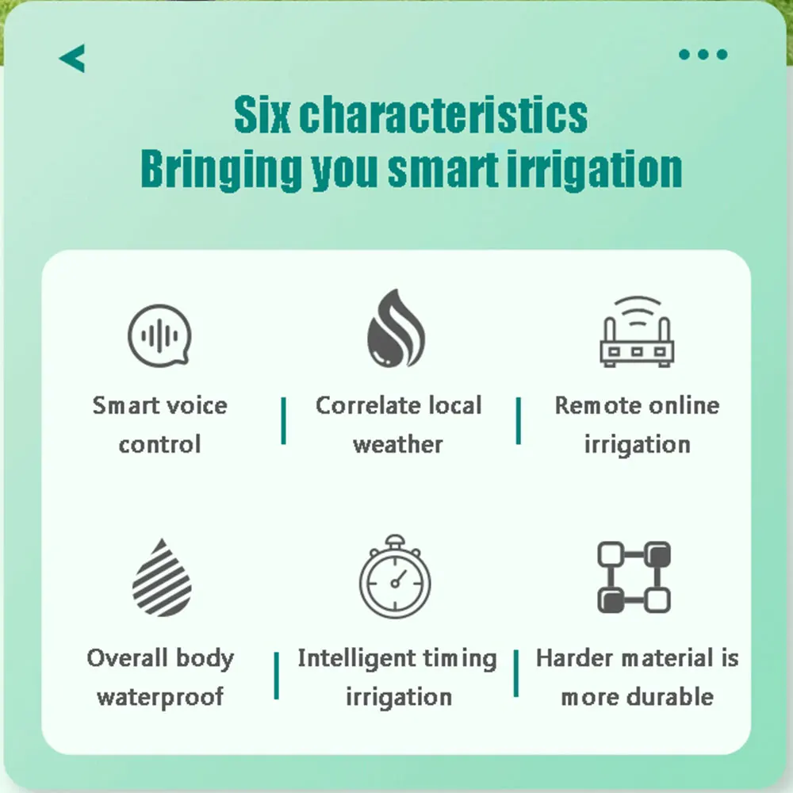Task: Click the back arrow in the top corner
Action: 72,58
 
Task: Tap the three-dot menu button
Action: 703,55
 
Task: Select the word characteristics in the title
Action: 443,116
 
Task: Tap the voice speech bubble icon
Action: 160,335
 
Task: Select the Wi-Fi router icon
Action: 637,333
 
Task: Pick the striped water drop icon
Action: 162,578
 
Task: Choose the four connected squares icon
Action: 634,577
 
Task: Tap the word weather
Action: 397,444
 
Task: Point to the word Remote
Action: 592,405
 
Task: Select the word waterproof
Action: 160,698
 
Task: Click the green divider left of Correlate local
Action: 283,421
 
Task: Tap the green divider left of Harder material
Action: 516,674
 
